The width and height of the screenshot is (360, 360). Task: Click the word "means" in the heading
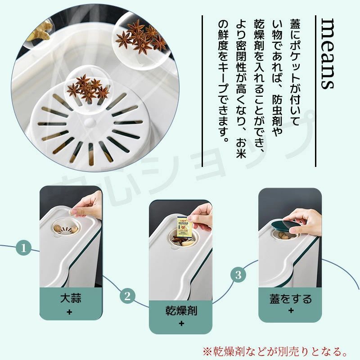(x=328, y=54)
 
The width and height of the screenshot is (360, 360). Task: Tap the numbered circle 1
(x=23, y=248)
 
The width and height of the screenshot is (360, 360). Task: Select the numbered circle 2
(x=127, y=296)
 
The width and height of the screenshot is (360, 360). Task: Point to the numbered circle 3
(x=238, y=274)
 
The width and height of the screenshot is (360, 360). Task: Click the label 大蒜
(x=71, y=298)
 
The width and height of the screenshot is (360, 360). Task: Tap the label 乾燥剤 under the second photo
(x=181, y=310)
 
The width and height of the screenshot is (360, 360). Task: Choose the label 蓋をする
(x=291, y=299)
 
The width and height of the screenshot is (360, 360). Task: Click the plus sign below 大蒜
(x=69, y=312)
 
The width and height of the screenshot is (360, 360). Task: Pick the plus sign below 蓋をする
(x=291, y=310)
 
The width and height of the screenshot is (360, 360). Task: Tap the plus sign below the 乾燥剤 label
(x=181, y=324)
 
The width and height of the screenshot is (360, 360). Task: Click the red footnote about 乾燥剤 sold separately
(x=275, y=351)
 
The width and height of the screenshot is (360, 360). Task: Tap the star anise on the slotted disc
(x=88, y=88)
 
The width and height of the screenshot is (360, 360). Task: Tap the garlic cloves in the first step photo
(x=66, y=229)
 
